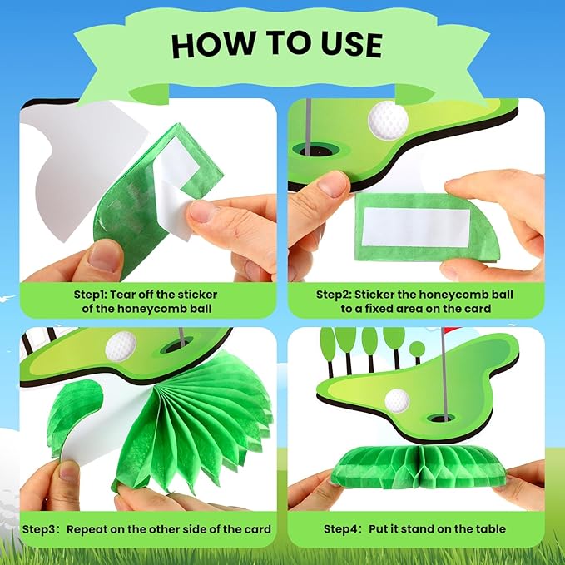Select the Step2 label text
pos(334,295)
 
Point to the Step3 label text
pos(40,529)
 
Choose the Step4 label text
pos(341,529)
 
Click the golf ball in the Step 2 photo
pos(388,121)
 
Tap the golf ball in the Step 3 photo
pos(121,347)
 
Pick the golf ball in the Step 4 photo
pos(397,400)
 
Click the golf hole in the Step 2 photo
pos(317,149)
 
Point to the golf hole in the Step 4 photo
pos(441,418)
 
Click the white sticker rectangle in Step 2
pos(416,228)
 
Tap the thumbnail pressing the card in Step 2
pos(334,185)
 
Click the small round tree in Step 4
pos(417,349)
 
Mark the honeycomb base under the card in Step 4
pos(418,467)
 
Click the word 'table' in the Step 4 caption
pos(490,529)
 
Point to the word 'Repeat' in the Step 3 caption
pos(87,529)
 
